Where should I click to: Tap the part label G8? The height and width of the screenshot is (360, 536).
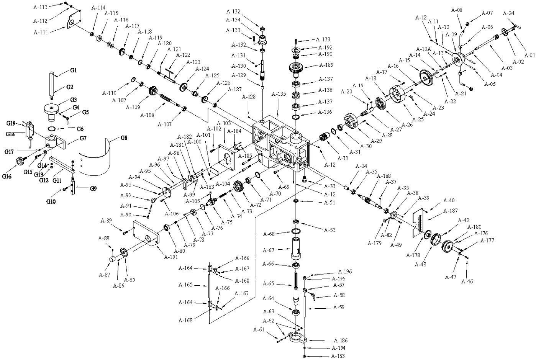[x=124, y=137]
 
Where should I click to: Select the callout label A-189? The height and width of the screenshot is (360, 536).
[x=326, y=65]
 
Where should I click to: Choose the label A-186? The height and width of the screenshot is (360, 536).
[x=341, y=340]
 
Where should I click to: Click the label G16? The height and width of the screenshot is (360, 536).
[x=7, y=177]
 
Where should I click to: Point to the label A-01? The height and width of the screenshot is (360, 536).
[x=529, y=55]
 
